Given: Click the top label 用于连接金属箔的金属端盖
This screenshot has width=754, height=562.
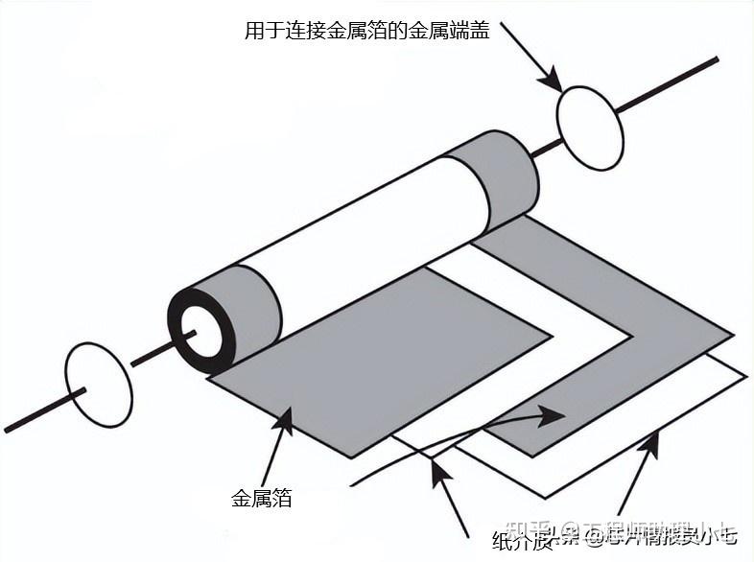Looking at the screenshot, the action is pyautogui.click(x=366, y=31).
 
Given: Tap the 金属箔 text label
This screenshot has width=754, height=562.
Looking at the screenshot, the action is pyautogui.click(x=261, y=498).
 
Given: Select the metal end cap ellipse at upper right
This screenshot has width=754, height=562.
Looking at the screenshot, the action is pyautogui.click(x=590, y=128).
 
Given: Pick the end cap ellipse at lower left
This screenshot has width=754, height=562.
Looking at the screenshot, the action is pyautogui.click(x=98, y=385).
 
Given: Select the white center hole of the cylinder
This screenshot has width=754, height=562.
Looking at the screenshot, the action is pyautogui.click(x=201, y=330).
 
